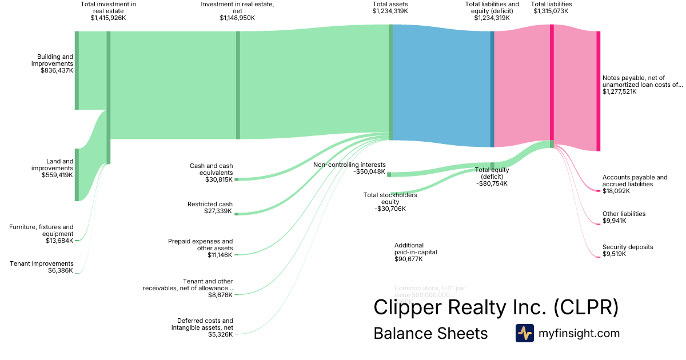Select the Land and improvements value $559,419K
click(57, 175)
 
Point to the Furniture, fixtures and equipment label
click(41, 230)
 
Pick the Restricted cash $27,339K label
click(210, 207)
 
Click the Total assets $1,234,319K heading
click(390, 7)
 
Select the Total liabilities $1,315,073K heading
click(551, 7)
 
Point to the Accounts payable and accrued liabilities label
click(635, 181)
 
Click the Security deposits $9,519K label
click(627, 250)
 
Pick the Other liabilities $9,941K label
click(624, 217)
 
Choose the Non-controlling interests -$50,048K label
click(349, 167)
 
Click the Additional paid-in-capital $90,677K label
click(416, 252)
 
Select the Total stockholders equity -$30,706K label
click(390, 202)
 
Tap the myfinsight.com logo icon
click(524, 333)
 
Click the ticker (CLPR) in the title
click(586, 307)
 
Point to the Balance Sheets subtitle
click(430, 334)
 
